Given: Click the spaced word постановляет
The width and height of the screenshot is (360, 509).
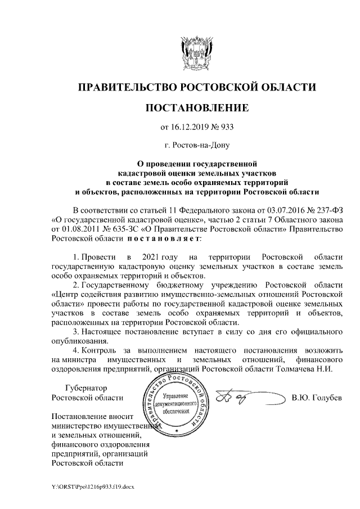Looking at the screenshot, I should click(x=164, y=238).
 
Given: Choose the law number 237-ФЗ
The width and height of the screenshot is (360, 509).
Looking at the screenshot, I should click(x=327, y=209).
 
